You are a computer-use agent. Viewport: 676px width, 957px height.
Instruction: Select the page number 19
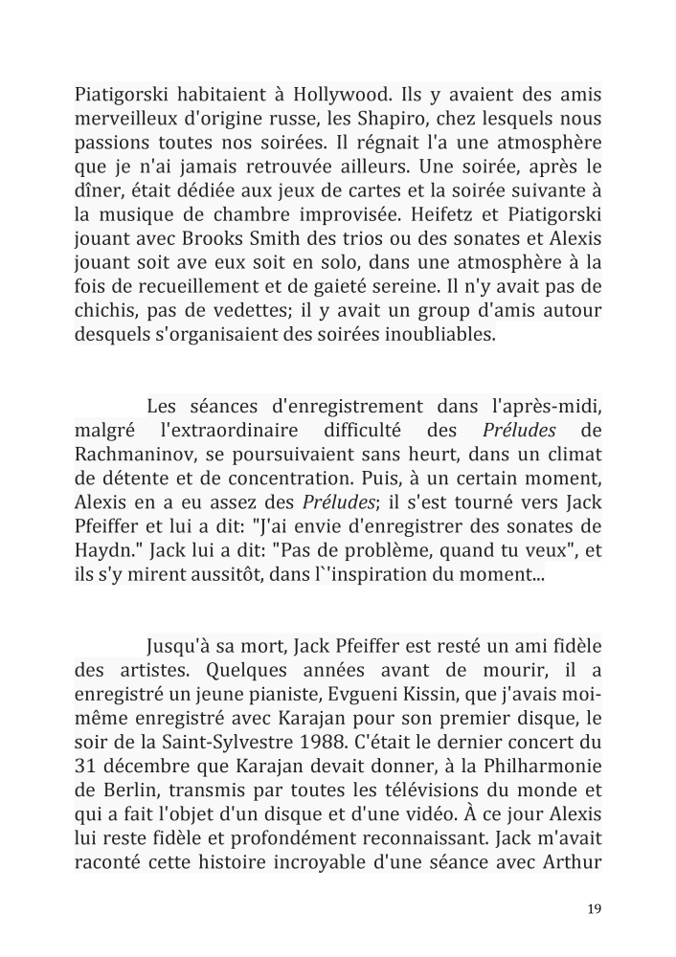pos(595,909)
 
